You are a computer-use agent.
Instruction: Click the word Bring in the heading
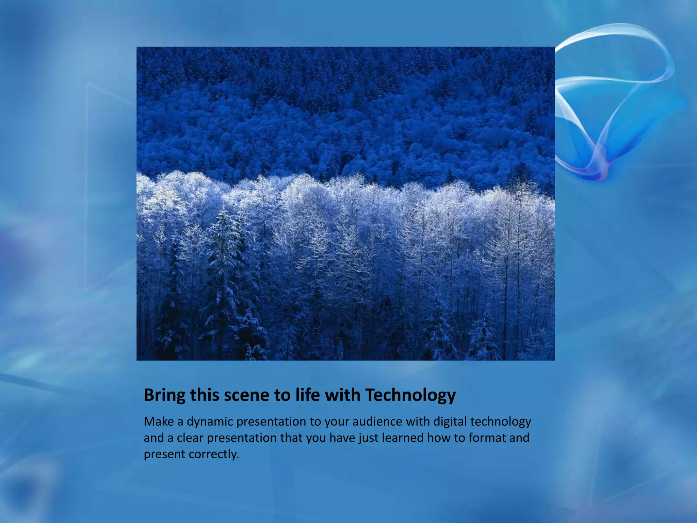[165, 396]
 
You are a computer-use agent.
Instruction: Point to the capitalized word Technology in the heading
[410, 396]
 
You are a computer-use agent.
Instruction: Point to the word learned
[403, 438]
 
